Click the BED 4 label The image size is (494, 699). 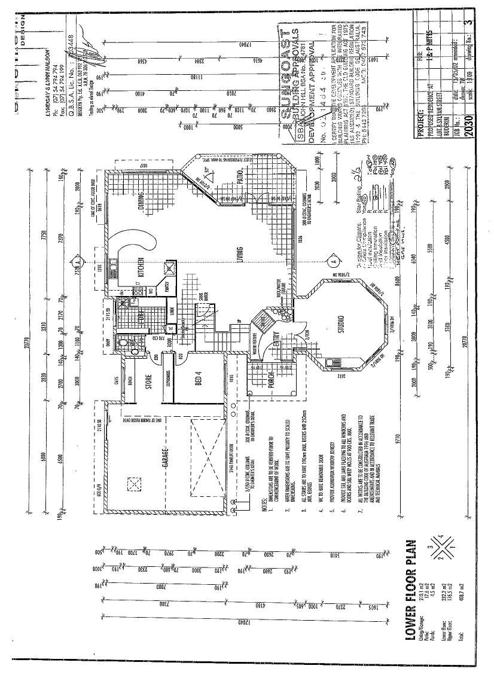[x=198, y=379]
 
